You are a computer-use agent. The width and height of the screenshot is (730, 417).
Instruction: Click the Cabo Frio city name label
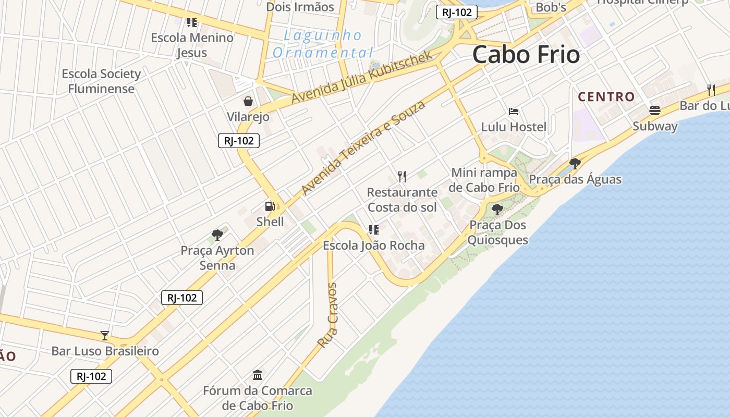526,55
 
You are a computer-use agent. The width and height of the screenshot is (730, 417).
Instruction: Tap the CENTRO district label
606,97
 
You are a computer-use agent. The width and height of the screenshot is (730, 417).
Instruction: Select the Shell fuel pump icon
270,206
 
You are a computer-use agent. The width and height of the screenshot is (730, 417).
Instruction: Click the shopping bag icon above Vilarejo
248,101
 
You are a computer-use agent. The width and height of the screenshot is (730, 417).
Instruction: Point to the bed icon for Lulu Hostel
514,112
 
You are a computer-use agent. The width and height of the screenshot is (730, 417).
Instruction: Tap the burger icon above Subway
655,111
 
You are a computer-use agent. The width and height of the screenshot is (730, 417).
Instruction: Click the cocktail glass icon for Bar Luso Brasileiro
105,336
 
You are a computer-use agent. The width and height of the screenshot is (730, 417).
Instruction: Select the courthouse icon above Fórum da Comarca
258,375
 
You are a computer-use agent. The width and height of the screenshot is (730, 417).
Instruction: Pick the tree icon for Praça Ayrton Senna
217,235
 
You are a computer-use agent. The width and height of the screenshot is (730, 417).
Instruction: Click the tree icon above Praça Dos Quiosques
497,210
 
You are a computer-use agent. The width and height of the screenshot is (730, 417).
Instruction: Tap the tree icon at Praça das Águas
575,164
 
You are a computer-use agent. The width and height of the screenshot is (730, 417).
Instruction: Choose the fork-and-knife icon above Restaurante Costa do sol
402,177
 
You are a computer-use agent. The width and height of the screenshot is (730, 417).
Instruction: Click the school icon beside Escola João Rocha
373,229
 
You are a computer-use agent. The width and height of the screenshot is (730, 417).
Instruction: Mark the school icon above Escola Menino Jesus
192,22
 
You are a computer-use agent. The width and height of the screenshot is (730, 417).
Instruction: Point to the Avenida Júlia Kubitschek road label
362,77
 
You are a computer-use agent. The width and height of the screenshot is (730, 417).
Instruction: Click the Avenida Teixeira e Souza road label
363,148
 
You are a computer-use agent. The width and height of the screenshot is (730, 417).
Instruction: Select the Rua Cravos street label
328,315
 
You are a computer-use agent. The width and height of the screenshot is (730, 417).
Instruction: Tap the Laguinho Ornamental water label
323,44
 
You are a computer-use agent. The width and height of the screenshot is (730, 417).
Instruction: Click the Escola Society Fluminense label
101,81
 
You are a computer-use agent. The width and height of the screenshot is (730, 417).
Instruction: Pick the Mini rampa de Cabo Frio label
485,180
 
